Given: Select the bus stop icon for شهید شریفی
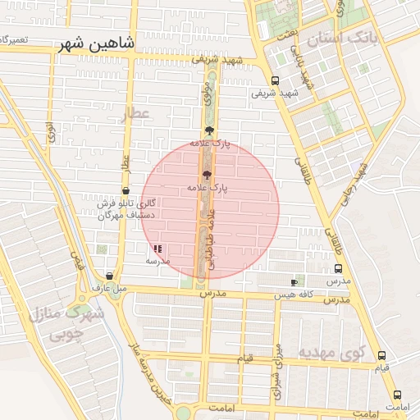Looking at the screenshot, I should pyautogui.click(x=274, y=80).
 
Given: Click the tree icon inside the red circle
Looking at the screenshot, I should pyautogui.click(x=206, y=175).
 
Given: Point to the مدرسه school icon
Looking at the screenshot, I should pyautogui.click(x=157, y=248).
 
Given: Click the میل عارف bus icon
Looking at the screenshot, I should pyautogui.click(x=110, y=276).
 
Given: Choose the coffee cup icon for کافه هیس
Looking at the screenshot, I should pyautogui.click(x=294, y=282).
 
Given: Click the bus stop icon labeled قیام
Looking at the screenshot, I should pyautogui.click(x=381, y=356).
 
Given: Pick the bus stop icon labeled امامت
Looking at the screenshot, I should pyautogui.click(x=397, y=394).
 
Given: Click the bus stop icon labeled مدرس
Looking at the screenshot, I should pyautogui.click(x=338, y=268).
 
